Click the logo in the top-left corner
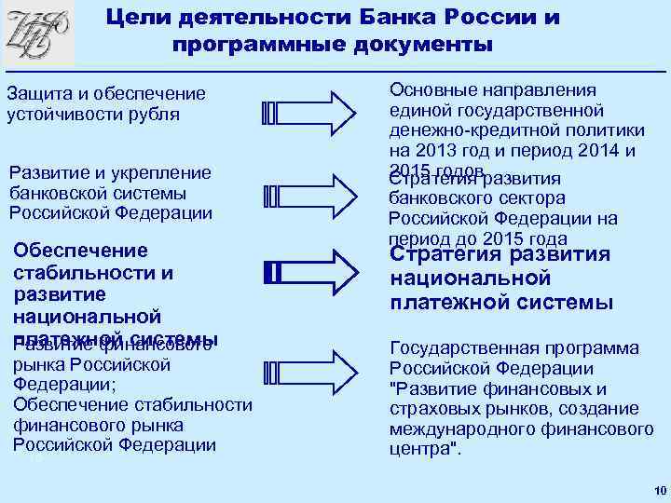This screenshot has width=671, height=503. (38, 34)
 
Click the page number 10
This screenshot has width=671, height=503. (659, 490)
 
